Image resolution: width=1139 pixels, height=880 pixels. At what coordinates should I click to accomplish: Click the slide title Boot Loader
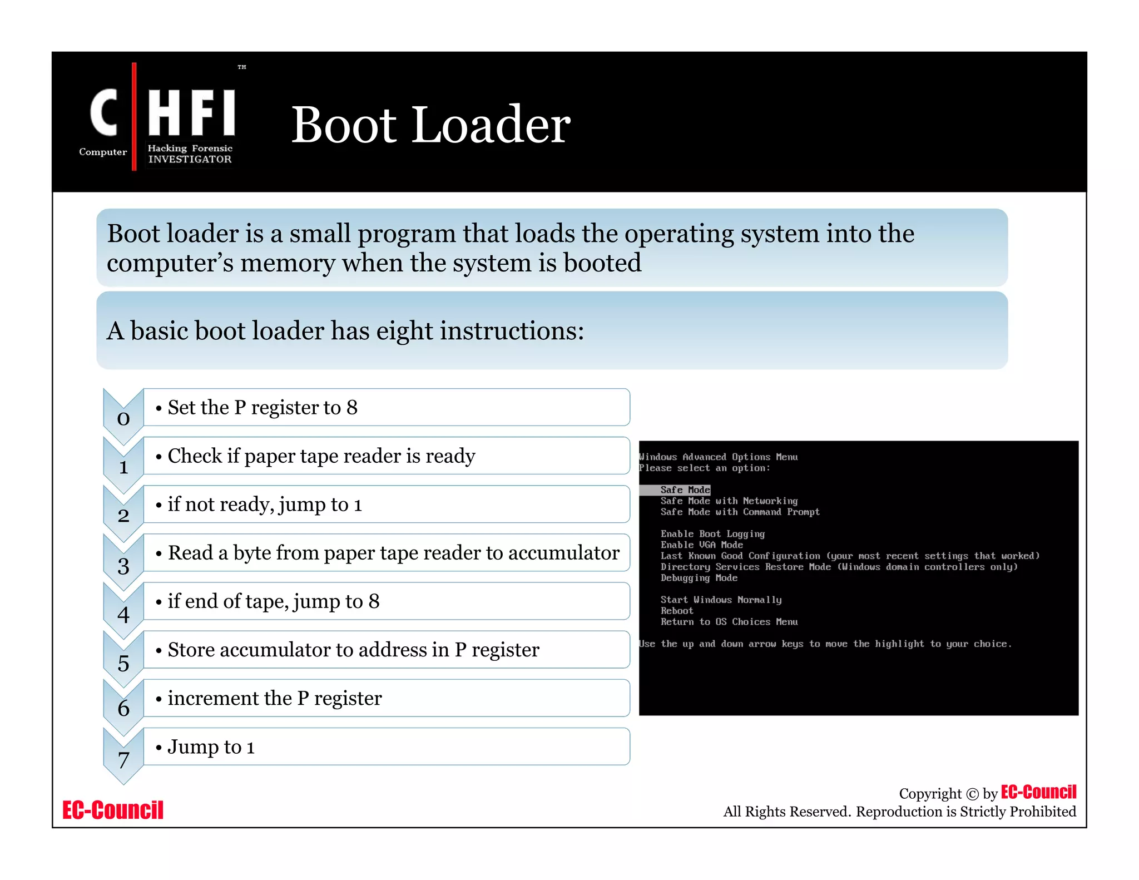pyautogui.click(x=430, y=125)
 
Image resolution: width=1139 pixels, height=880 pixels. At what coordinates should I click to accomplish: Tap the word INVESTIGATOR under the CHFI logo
pyautogui.click(x=190, y=159)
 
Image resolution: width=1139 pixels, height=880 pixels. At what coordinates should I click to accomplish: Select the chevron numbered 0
pyautogui.click(x=123, y=418)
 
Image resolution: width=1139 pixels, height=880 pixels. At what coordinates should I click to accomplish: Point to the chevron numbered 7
pyautogui.click(x=123, y=759)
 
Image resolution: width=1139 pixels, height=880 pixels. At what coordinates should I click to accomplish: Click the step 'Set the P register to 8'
pyautogui.click(x=263, y=408)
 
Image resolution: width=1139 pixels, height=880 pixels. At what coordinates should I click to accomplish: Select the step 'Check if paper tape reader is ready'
pyautogui.click(x=321, y=456)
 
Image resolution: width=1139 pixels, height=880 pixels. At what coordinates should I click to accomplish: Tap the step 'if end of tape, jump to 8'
pyautogui.click(x=274, y=601)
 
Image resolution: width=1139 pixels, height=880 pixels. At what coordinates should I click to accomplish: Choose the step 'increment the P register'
pyautogui.click(x=275, y=698)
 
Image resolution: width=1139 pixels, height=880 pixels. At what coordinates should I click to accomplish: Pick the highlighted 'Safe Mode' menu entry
pyautogui.click(x=685, y=490)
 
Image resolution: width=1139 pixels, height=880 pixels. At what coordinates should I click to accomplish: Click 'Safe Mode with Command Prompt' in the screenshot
pyautogui.click(x=740, y=512)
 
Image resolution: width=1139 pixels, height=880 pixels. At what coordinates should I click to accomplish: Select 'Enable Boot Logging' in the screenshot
pyautogui.click(x=712, y=534)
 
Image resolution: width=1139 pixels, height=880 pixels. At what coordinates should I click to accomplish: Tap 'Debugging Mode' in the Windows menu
pyautogui.click(x=699, y=578)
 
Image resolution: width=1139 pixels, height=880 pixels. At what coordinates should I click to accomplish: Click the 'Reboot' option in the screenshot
pyautogui.click(x=677, y=611)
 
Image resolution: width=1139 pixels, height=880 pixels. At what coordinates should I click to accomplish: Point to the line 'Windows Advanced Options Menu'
pyautogui.click(x=719, y=457)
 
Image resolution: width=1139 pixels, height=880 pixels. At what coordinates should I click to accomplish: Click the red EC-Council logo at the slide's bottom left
pyautogui.click(x=113, y=810)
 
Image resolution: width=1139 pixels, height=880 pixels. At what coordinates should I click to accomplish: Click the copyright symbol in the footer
pyautogui.click(x=972, y=794)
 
